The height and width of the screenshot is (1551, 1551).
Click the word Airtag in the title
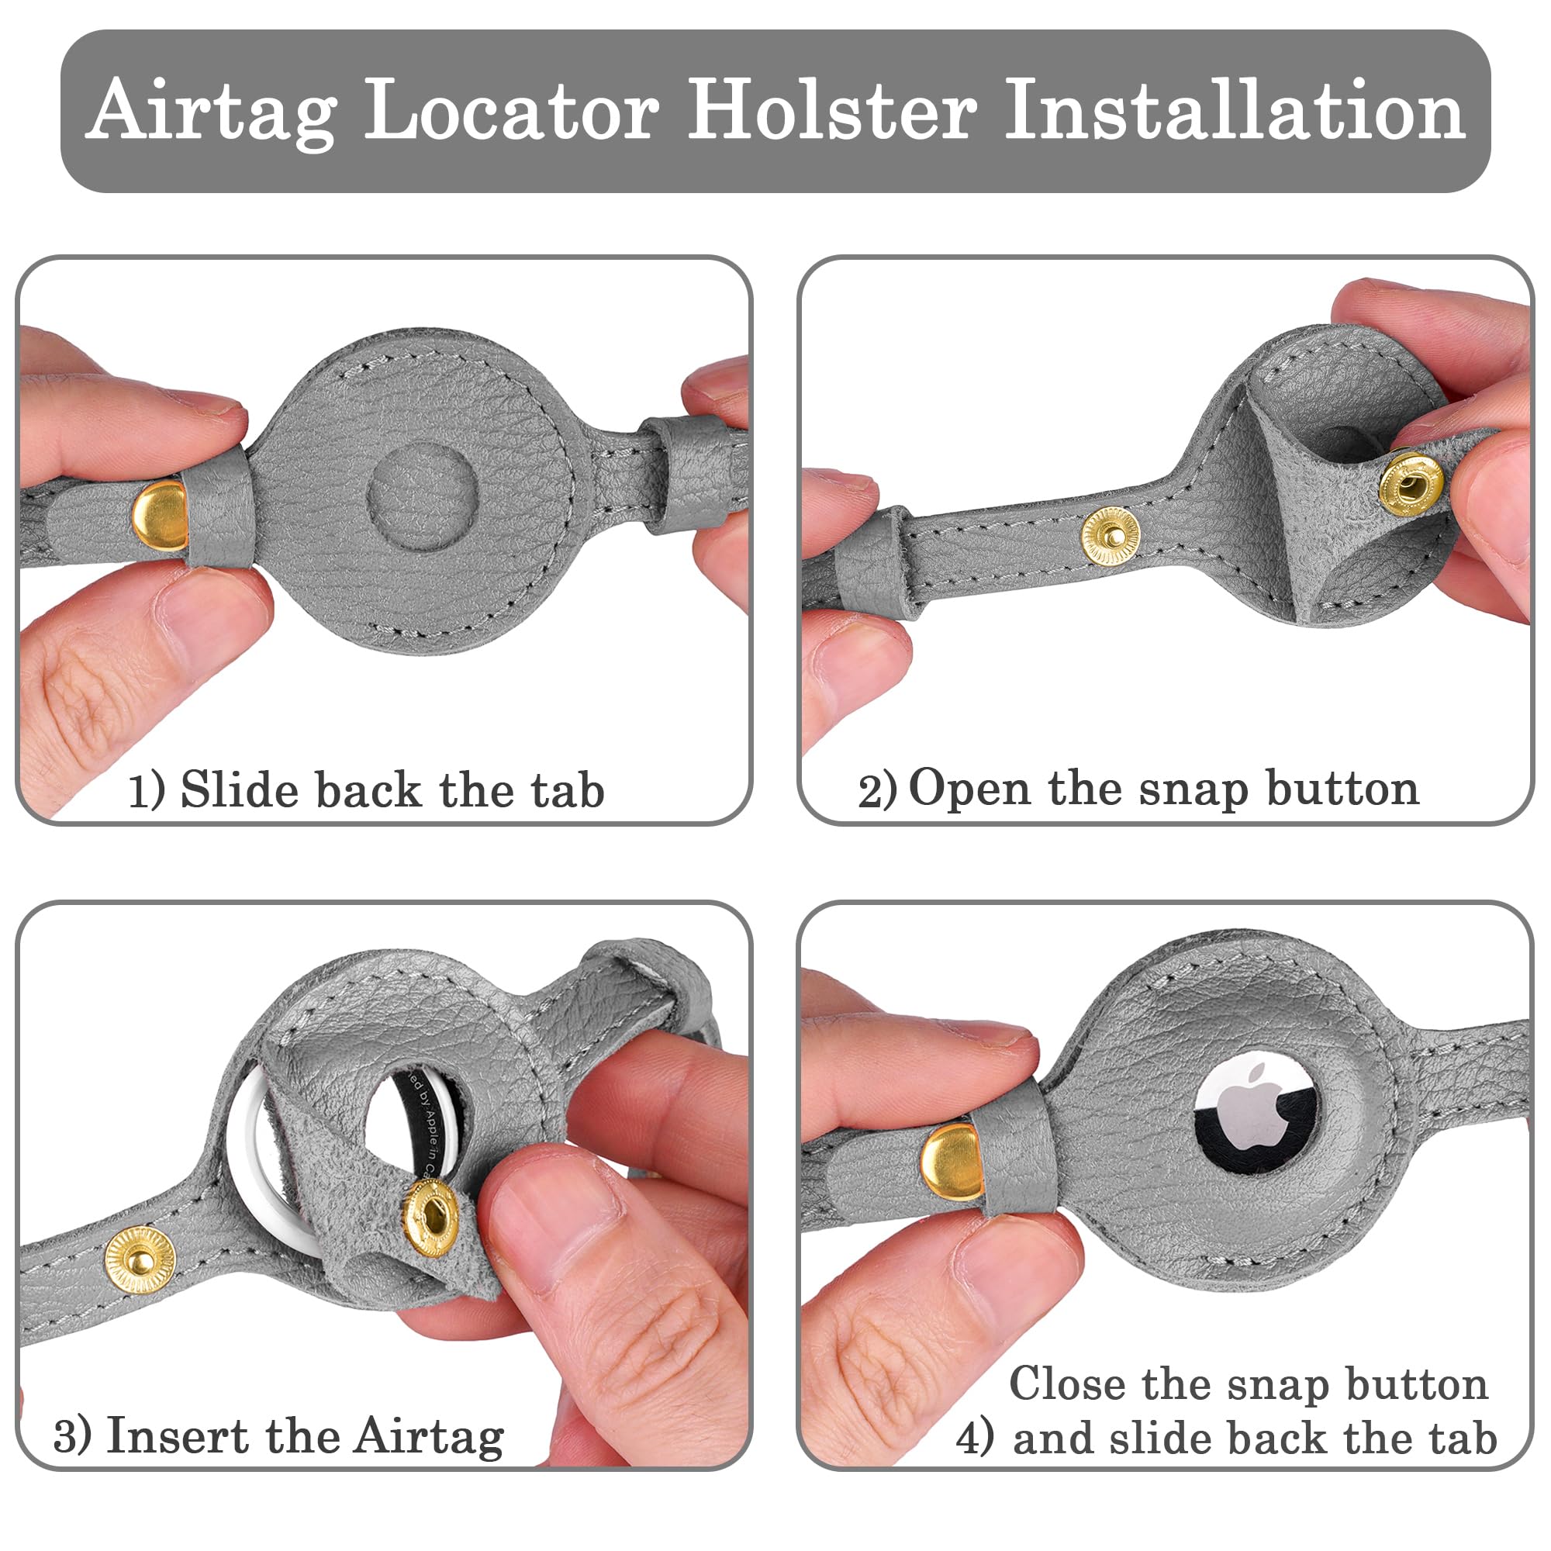pyautogui.click(x=211, y=112)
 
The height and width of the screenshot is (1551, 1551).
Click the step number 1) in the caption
pyautogui.click(x=147, y=791)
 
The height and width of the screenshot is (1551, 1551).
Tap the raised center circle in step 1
pyautogui.click(x=423, y=495)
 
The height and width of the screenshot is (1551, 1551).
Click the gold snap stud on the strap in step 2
pyautogui.click(x=1111, y=535)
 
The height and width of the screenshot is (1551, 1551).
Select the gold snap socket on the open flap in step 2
pyautogui.click(x=1411, y=482)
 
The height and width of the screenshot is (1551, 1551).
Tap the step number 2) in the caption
pyautogui.click(x=876, y=792)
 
